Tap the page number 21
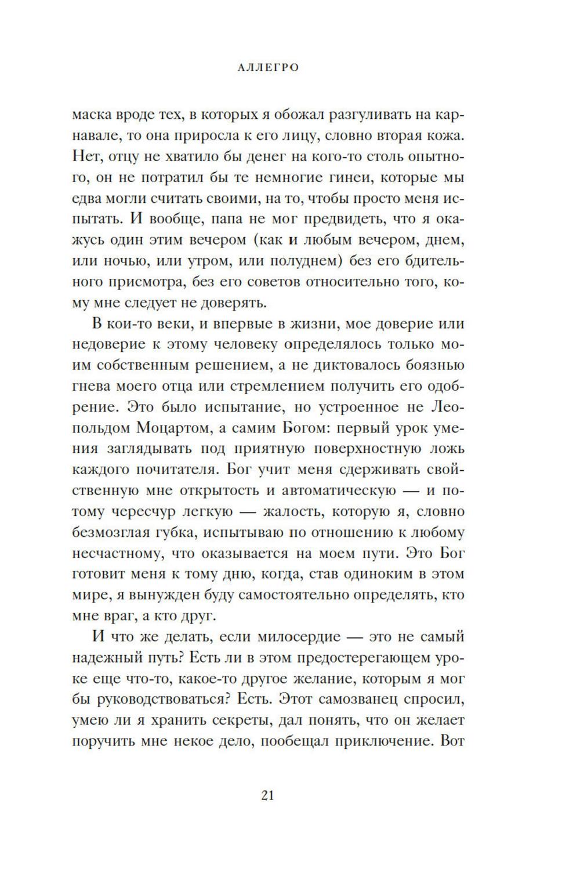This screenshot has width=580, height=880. [267, 795]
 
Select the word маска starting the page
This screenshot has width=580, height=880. [92, 114]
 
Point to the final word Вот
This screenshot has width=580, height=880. [452, 741]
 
